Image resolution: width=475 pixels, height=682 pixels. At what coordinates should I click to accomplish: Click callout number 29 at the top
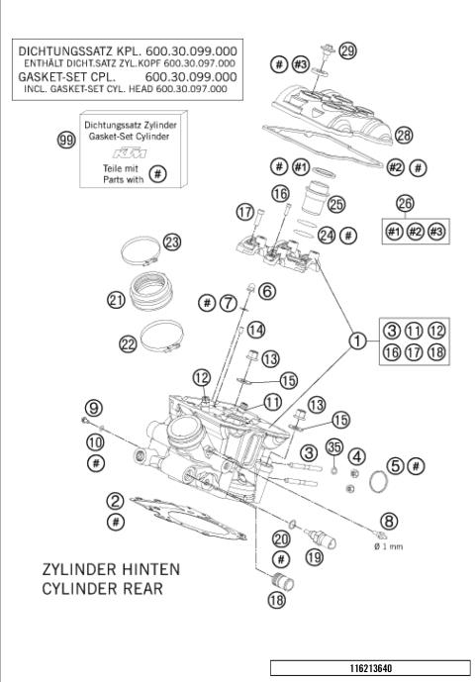point(347,50)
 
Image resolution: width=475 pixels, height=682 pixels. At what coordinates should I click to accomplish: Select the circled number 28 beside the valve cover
point(403,135)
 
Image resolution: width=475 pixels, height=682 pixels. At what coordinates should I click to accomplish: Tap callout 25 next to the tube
point(336,204)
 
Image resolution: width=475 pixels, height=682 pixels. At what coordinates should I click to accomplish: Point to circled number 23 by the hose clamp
point(173,242)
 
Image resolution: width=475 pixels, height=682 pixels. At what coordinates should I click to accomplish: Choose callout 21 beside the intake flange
point(116,300)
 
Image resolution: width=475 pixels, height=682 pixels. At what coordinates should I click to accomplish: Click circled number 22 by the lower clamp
point(128,343)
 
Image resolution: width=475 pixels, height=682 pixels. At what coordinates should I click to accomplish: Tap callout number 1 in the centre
point(355,341)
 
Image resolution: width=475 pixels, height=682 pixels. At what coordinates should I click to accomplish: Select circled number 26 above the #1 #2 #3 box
point(406,203)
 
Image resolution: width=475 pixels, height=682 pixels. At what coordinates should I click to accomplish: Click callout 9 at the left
point(94,407)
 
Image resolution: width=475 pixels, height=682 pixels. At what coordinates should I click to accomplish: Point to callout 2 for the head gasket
point(116,501)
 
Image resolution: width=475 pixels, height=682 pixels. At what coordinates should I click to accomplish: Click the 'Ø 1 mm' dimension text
point(387,545)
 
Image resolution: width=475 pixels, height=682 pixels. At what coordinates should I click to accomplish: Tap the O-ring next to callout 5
point(376,484)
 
